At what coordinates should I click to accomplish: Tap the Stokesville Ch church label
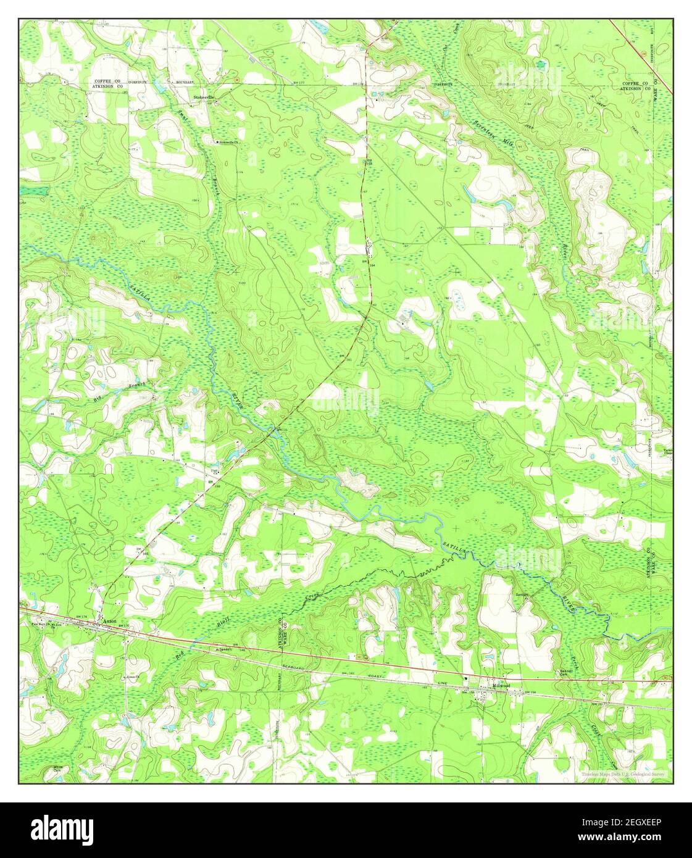pos(228,142)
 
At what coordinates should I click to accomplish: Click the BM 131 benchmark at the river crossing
pos(281,430)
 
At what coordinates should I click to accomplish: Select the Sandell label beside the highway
pos(222,651)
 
